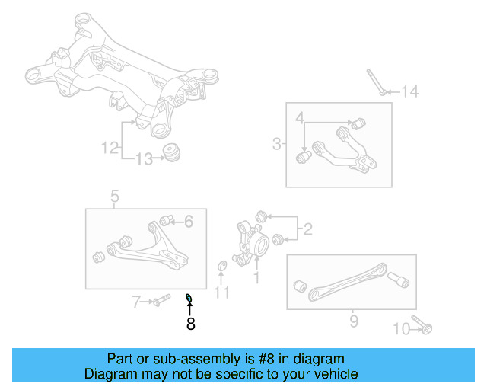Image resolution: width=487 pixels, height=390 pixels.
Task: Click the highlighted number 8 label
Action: tap(190, 324)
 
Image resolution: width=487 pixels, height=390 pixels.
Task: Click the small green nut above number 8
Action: tap(189, 297)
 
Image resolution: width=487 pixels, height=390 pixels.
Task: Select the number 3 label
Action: tap(276, 142)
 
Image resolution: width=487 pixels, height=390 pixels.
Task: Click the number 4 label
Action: tap(300, 118)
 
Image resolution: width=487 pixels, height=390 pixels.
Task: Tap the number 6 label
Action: tap(189, 222)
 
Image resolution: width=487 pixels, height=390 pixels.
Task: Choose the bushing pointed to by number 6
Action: tap(172, 221)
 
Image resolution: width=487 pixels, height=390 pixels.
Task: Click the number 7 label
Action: tap(136, 302)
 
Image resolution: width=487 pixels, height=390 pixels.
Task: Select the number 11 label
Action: tap(221, 292)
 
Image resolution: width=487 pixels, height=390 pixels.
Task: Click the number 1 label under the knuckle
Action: tap(256, 279)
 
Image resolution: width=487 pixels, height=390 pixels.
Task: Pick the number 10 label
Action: tap(401, 328)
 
